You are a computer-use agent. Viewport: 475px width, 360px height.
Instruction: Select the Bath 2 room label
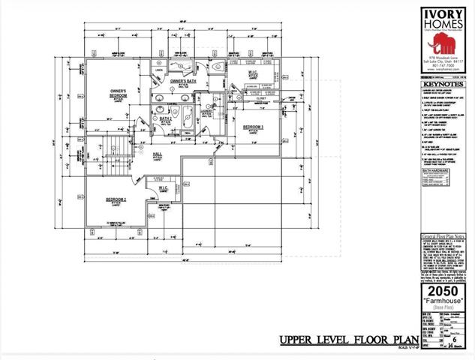click(166, 118)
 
